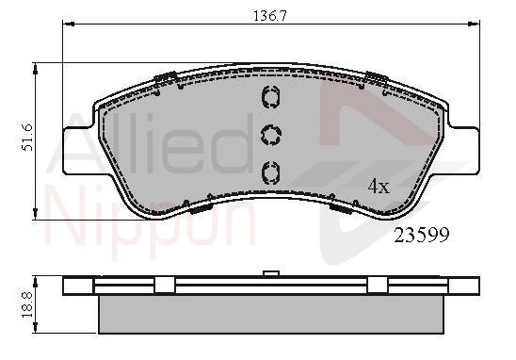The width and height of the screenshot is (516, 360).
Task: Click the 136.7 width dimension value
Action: point(270,15)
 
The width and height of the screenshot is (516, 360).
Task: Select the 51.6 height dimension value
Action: point(27,138)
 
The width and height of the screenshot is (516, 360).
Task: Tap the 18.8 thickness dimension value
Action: point(27,304)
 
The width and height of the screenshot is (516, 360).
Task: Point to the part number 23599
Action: point(422,236)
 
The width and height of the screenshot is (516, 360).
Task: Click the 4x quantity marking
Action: point(379,187)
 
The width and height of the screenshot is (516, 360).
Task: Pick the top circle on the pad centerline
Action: point(270,97)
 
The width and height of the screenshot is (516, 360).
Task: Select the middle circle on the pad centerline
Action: point(271,135)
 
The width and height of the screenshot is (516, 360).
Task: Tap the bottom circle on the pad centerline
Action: point(270,172)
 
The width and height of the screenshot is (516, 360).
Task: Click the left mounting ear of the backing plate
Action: point(78,151)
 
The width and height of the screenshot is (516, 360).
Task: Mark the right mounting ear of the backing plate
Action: point(463,150)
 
